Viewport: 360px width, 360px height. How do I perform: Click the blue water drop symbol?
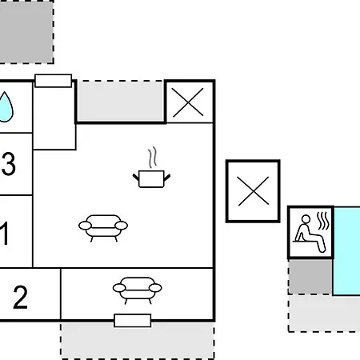tap(6, 107)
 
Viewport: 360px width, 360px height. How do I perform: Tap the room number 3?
tap(9, 164)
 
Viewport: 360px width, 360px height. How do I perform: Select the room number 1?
tap(4, 234)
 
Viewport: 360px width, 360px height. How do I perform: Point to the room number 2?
tap(20, 297)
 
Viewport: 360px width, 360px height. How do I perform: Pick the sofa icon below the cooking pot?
tap(103, 228)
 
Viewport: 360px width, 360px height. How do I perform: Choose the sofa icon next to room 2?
tap(138, 290)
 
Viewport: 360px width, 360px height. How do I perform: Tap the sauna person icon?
tap(310, 234)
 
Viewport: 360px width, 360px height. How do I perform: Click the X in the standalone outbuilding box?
tap(253, 191)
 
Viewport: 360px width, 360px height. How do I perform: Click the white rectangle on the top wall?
tap(54, 81)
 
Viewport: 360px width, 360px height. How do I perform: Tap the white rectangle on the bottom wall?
tap(133, 321)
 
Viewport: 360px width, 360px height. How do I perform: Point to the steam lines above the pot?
tap(152, 157)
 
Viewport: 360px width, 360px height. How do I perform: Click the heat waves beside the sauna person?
tap(323, 221)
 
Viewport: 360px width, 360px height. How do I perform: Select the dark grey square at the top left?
tap(26, 31)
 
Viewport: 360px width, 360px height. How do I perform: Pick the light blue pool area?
tap(346, 251)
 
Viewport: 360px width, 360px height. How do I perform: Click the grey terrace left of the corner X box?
tap(121, 101)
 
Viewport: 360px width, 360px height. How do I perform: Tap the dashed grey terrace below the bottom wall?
tap(138, 341)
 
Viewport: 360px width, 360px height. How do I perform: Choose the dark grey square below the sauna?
tap(310, 276)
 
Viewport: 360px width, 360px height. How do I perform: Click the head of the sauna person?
tap(306, 219)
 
